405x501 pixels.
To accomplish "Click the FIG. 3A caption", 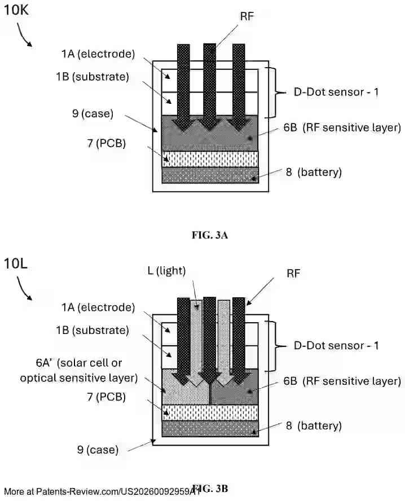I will [x=209, y=236].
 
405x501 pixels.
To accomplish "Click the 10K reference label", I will [x=17, y=11].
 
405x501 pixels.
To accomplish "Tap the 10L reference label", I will [x=16, y=263].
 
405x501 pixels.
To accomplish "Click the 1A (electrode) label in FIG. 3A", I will [x=98, y=54].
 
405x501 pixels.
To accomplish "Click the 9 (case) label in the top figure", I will [x=93, y=113].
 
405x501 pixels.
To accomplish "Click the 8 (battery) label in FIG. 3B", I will [x=313, y=425].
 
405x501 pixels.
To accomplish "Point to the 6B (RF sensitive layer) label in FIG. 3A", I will [x=343, y=128].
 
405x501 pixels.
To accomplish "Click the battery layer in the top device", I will [x=210, y=175].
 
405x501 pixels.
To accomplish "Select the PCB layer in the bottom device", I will [x=210, y=412].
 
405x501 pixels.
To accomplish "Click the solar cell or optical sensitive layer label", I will [x=79, y=370].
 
